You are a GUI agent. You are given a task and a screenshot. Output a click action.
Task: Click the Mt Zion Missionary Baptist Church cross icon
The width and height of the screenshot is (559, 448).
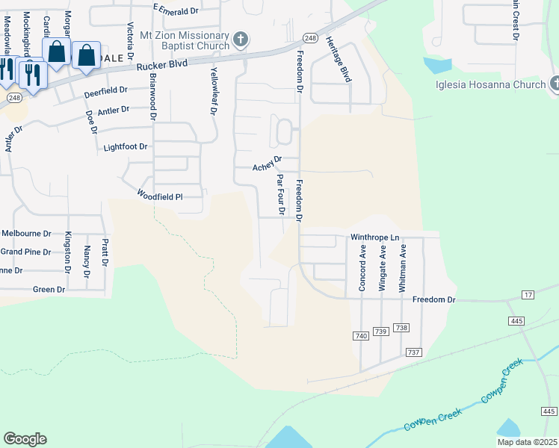click(x=240, y=40)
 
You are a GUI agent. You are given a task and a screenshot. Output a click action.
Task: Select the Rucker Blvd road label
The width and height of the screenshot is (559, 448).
click(x=161, y=66)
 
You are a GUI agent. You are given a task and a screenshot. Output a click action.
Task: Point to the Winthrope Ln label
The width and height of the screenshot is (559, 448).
click(x=376, y=237)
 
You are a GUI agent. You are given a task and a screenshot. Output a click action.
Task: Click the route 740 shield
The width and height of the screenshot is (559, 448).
click(x=361, y=337)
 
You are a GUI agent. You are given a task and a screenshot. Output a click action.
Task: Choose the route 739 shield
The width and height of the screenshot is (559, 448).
click(x=380, y=331)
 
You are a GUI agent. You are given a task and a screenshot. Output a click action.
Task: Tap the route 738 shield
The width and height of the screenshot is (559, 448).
click(x=401, y=328)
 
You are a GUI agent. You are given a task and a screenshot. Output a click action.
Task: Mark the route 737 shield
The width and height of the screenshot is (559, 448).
click(x=413, y=352)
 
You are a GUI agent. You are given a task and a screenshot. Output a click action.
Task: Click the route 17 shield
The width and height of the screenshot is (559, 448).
click(x=528, y=296)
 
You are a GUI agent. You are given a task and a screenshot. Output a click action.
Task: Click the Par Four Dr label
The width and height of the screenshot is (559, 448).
click(x=280, y=194)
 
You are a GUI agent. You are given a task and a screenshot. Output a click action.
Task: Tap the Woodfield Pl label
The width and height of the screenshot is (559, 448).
click(x=160, y=196)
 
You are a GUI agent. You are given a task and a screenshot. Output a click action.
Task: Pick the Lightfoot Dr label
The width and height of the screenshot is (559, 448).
click(x=126, y=147)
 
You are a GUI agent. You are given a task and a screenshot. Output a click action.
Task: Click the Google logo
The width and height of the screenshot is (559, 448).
click(x=25, y=439)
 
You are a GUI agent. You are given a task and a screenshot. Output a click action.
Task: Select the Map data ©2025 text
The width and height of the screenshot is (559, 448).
click(x=528, y=442)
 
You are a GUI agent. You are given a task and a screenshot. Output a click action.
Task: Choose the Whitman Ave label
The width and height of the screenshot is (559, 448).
click(x=403, y=267)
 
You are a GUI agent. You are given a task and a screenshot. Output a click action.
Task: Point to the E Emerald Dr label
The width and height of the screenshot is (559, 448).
click(x=176, y=9)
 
